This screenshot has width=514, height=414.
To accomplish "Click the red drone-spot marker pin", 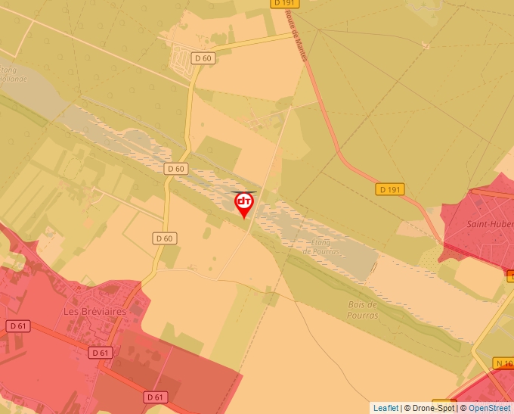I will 244,203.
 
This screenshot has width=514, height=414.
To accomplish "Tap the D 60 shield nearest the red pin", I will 176,169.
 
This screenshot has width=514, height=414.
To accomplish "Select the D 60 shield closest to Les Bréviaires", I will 165,238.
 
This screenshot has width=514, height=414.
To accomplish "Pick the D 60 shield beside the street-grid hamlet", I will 203,58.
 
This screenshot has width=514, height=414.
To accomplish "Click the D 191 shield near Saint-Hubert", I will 389,189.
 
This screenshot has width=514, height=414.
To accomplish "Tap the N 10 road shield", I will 504,363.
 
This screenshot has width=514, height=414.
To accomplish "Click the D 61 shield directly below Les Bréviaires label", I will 100,353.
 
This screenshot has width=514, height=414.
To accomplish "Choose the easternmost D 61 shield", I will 155,397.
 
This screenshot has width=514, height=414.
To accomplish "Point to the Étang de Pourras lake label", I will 326,247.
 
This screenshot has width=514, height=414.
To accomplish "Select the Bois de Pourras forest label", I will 363,310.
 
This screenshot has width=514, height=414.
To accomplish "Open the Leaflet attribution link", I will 385,408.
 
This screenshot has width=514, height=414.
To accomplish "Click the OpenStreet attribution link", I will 489,408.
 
